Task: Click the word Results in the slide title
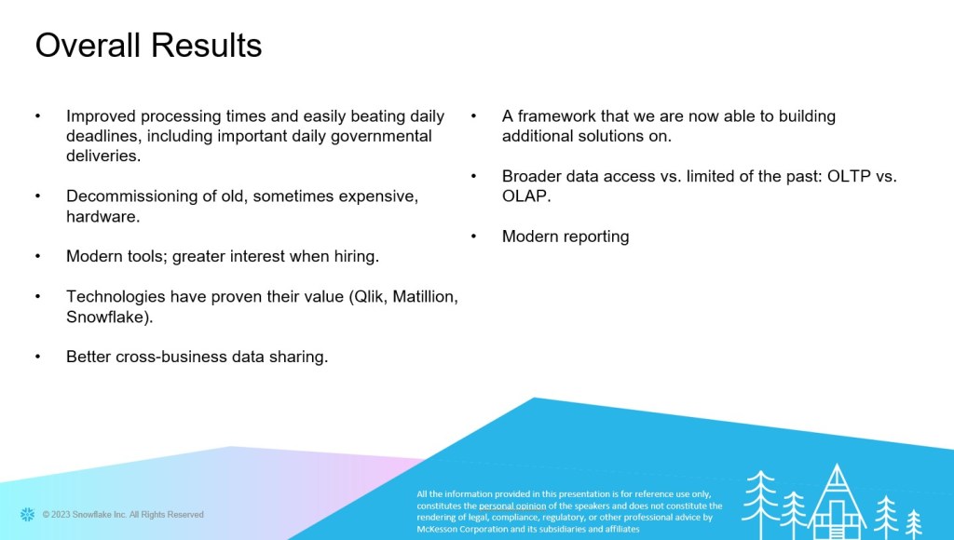pos(206,45)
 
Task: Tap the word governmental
pos(381,136)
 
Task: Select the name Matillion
pos(424,297)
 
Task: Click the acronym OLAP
pos(525,196)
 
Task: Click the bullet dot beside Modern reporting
pos(473,236)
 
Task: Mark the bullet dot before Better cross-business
pos(37,357)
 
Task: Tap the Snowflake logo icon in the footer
pos(27,515)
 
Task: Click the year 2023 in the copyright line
pos(61,515)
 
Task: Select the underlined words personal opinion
pos(512,506)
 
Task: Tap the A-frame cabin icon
pos(837,502)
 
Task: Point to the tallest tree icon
pos(760,505)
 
